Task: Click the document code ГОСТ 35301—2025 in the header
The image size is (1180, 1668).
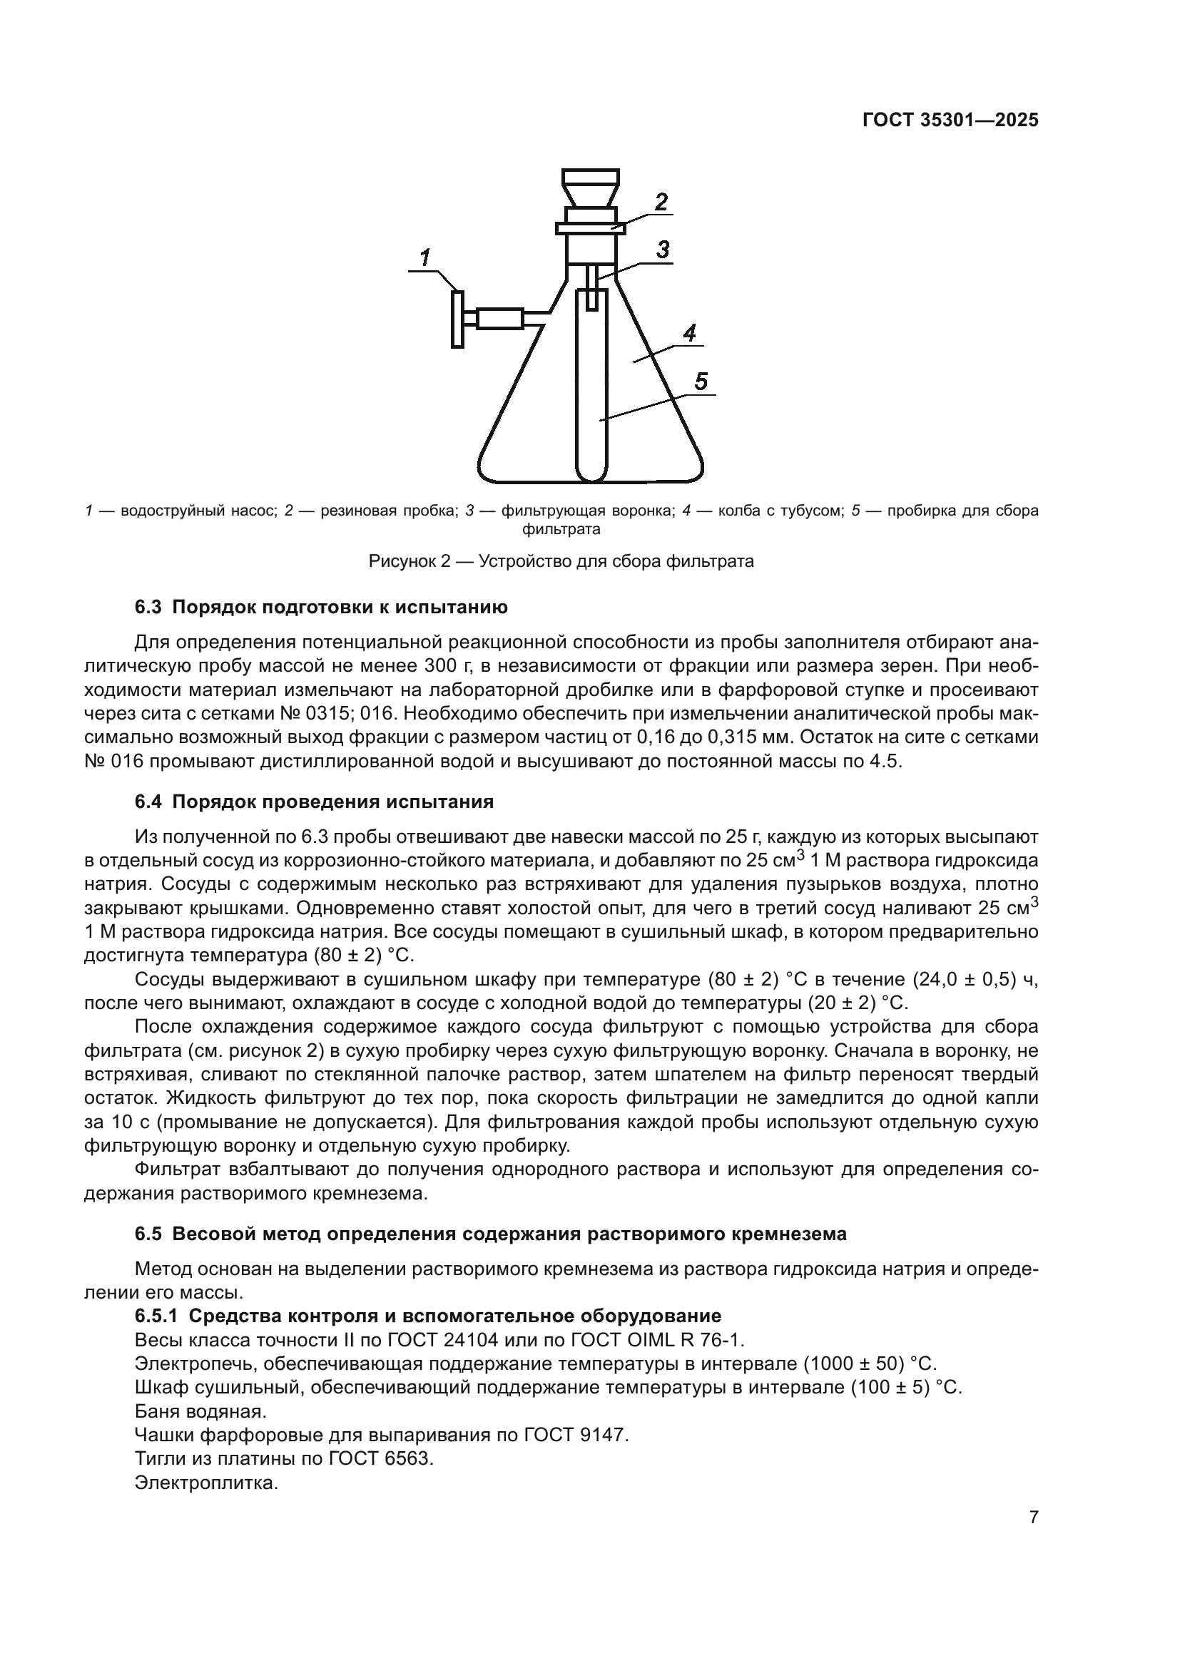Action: click(950, 121)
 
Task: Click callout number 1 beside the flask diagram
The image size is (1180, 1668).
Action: click(425, 257)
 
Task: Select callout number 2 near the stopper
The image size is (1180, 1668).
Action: click(661, 201)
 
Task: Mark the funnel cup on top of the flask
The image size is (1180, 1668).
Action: click(591, 187)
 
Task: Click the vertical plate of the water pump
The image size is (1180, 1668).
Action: click(457, 319)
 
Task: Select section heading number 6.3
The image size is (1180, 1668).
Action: click(150, 608)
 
